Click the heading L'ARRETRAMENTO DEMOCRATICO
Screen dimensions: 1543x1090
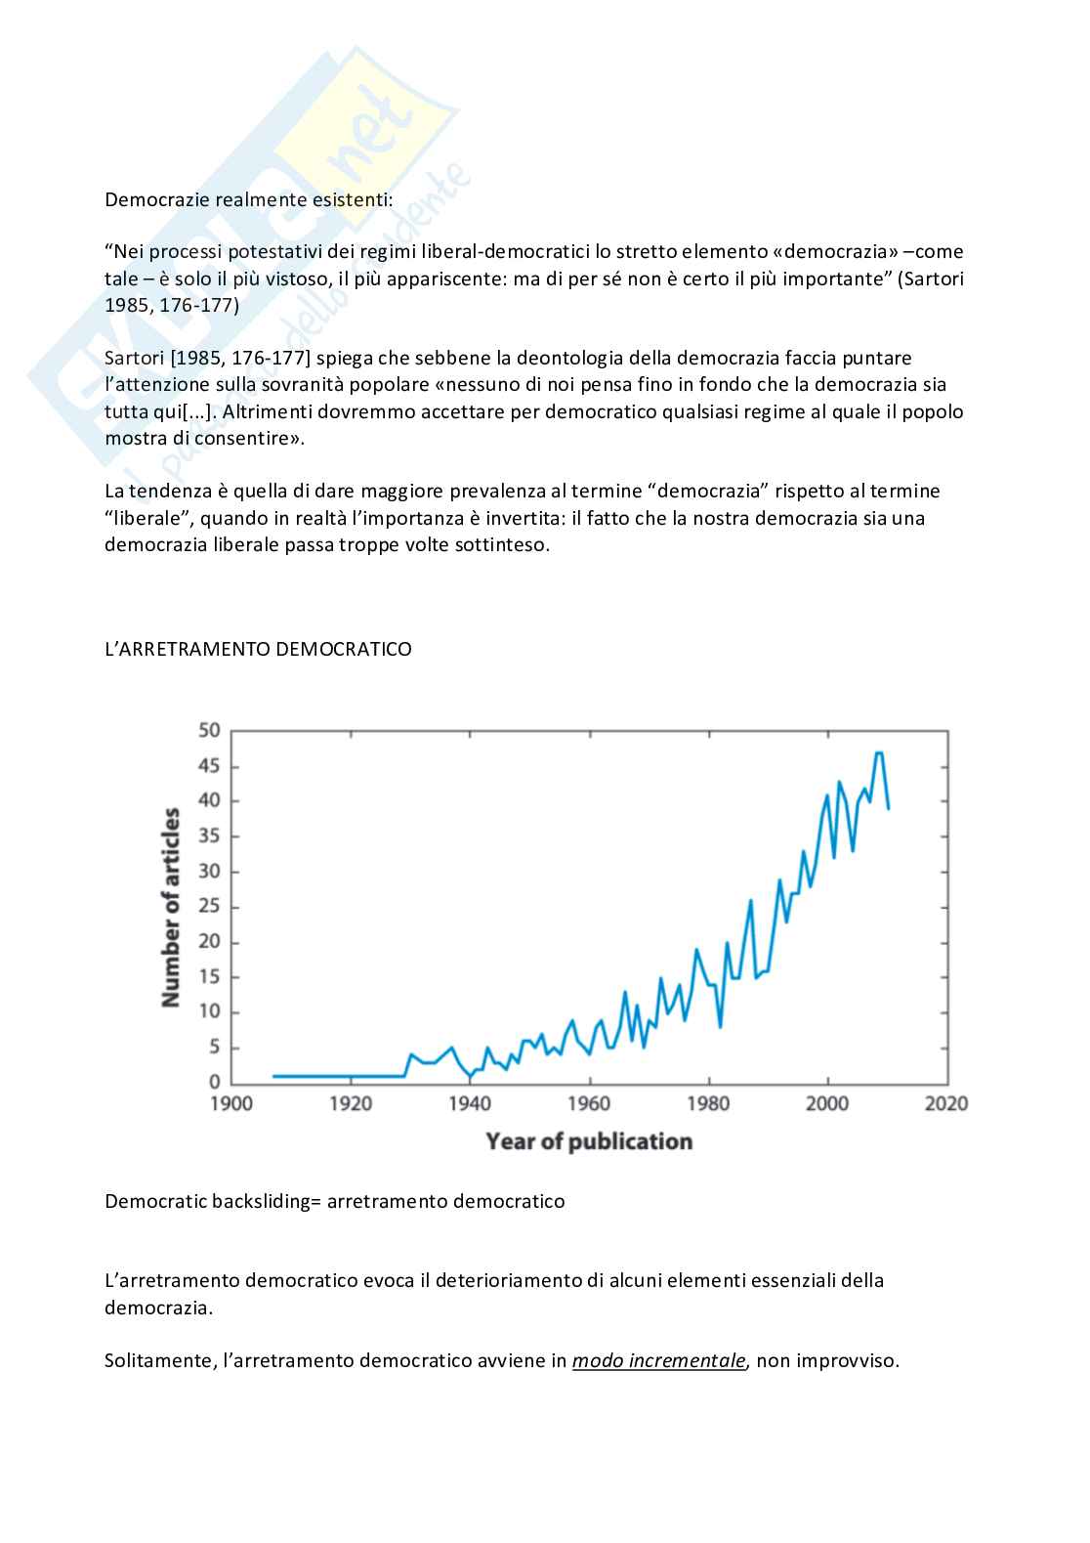tap(258, 649)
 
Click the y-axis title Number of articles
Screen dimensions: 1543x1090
tap(172, 908)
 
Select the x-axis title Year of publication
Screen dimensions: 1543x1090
tap(589, 1141)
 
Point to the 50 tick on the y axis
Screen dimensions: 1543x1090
tap(210, 731)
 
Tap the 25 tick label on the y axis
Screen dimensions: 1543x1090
tap(210, 907)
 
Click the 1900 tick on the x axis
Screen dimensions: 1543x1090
tap(231, 1103)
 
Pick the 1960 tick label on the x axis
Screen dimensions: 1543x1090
tap(589, 1103)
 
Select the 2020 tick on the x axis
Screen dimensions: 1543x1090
tap(945, 1103)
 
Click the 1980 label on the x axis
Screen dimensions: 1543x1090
tap(708, 1103)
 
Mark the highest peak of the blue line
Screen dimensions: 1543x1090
tap(879, 753)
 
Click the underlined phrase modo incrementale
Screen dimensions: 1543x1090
tap(659, 1360)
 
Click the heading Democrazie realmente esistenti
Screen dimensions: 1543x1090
tap(248, 200)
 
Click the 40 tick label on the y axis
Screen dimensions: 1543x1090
tap(210, 801)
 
